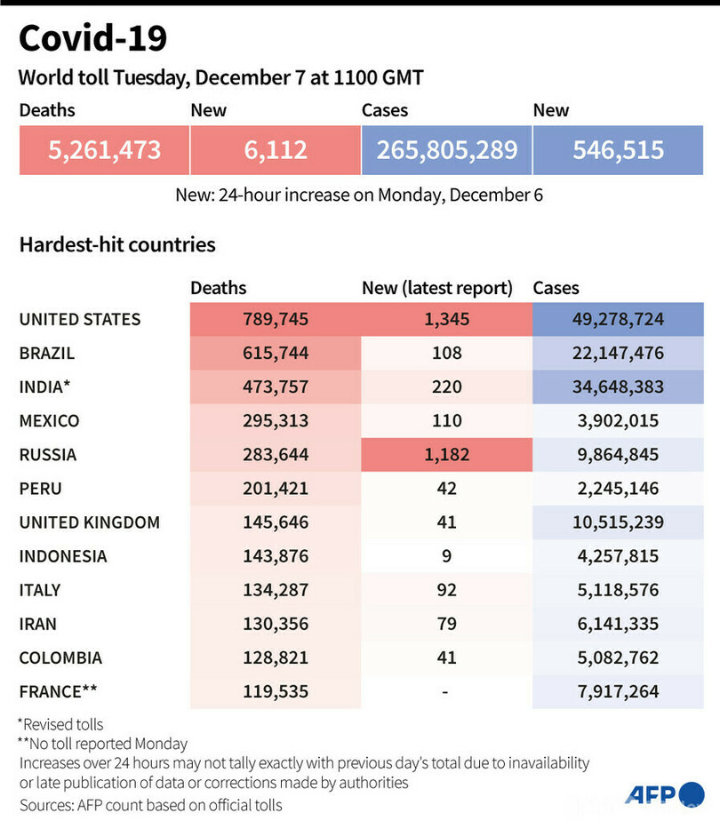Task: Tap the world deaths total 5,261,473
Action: pyautogui.click(x=105, y=149)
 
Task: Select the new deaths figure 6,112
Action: pyautogui.click(x=276, y=149)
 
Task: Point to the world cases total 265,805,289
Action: pyautogui.click(x=446, y=149)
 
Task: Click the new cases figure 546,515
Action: pyautogui.click(x=618, y=149)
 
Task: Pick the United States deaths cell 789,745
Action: pyautogui.click(x=275, y=319)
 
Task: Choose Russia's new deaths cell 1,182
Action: pyautogui.click(x=446, y=455)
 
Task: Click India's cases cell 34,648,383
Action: pyautogui.click(x=618, y=387)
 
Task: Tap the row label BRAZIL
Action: pyautogui.click(x=47, y=353)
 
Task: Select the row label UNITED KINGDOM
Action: pyautogui.click(x=90, y=522)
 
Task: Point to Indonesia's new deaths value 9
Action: pyautogui.click(x=446, y=556)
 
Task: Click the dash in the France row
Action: pyautogui.click(x=446, y=692)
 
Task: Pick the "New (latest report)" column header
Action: pyautogui.click(x=437, y=288)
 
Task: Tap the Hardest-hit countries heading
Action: pyautogui.click(x=117, y=244)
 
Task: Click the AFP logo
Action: pyautogui.click(x=664, y=793)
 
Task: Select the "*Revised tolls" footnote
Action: pyautogui.click(x=60, y=724)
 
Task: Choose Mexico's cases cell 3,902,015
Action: pyautogui.click(x=618, y=420)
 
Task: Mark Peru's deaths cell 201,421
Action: pyautogui.click(x=275, y=489)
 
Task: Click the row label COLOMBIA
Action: pyautogui.click(x=60, y=658)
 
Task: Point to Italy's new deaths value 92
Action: pyautogui.click(x=446, y=590)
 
